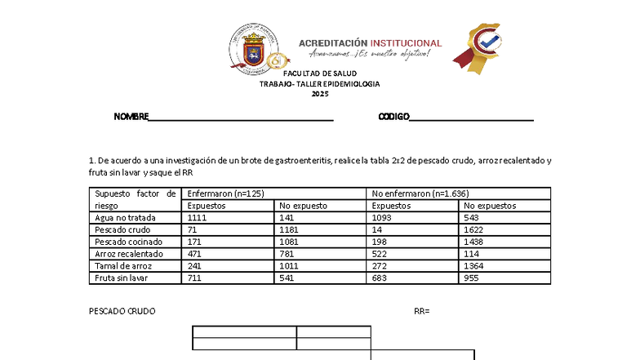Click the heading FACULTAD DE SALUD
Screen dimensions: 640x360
click(320, 73)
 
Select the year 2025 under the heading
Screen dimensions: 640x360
click(320, 95)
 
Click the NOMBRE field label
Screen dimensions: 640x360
click(131, 117)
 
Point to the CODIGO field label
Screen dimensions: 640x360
click(393, 117)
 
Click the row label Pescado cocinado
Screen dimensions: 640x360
click(128, 242)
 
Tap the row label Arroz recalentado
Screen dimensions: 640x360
click(130, 254)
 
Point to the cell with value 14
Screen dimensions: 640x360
click(376, 230)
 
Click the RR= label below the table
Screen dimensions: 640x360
click(421, 311)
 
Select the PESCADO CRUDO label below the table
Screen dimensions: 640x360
click(122, 311)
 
